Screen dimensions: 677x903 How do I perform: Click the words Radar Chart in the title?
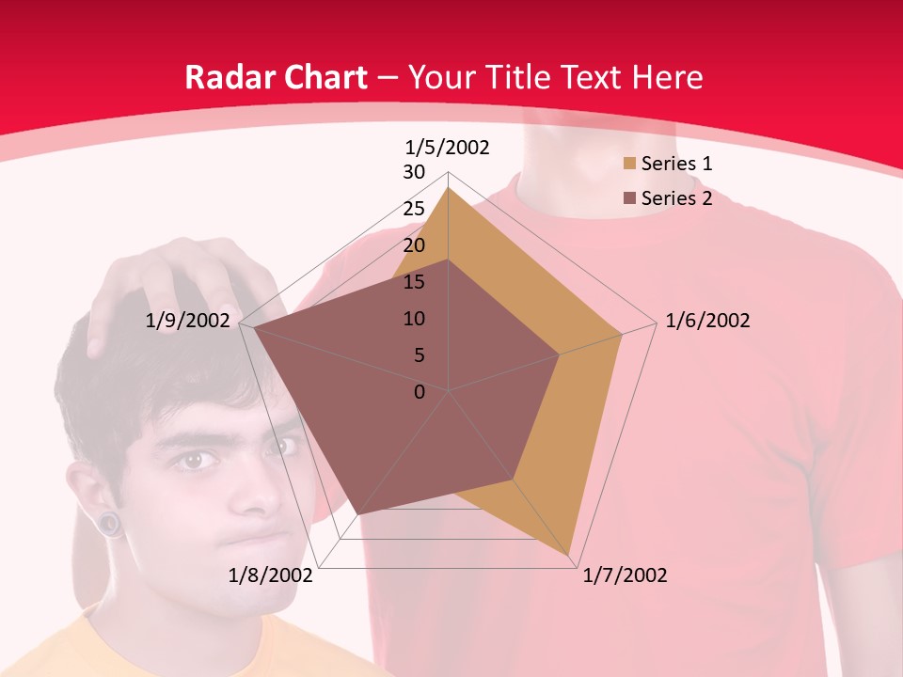tap(276, 77)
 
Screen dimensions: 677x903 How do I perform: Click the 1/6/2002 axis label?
tap(707, 321)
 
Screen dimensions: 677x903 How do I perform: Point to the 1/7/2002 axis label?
tap(625, 575)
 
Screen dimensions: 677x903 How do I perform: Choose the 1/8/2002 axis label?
tap(271, 575)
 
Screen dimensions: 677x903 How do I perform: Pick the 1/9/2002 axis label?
tap(188, 321)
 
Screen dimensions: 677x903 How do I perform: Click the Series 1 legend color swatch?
tap(629, 164)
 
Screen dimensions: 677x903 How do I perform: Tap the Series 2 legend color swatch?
tap(629, 198)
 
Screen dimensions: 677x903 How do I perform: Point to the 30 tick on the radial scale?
tap(414, 172)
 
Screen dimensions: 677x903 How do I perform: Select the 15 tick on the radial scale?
tap(414, 282)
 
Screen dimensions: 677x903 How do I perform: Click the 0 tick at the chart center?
tap(420, 392)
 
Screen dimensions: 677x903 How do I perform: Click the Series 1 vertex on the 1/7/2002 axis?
tap(569, 555)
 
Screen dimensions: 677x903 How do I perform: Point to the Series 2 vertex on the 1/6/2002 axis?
tap(560, 354)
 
